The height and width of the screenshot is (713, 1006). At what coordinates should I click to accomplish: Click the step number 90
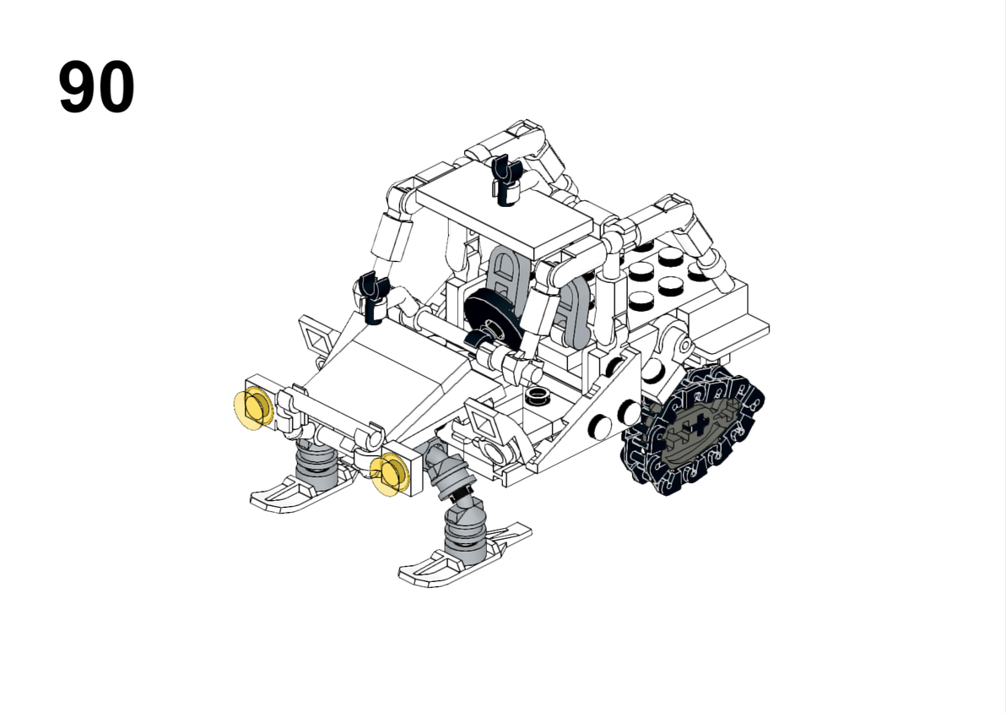(96, 87)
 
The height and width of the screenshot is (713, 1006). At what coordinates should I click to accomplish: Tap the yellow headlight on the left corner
(253, 409)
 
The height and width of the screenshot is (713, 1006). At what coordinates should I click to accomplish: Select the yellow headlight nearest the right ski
(390, 474)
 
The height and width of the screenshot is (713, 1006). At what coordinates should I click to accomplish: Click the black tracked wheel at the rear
(693, 429)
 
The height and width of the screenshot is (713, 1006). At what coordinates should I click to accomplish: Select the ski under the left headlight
(301, 489)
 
